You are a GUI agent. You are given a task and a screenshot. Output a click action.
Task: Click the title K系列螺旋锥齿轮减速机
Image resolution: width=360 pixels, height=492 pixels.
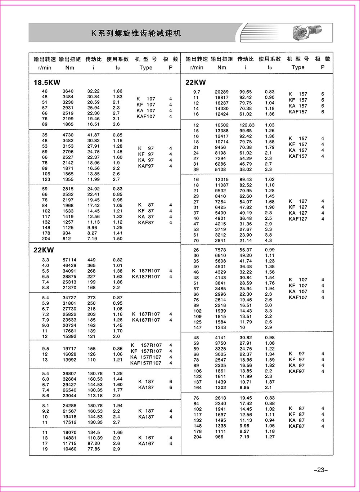pyautogui.click(x=136, y=33)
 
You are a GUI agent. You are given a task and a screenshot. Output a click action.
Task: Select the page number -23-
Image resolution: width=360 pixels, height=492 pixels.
pyautogui.click(x=320, y=470)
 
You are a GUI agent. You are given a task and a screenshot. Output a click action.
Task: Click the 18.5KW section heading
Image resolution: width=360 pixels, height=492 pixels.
pyautogui.click(x=47, y=82)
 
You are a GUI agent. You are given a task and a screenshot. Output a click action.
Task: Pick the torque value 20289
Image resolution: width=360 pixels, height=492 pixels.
pyautogui.click(x=222, y=92)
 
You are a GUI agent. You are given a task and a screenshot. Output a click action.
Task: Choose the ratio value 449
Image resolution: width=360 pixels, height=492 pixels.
pyautogui.click(x=92, y=260)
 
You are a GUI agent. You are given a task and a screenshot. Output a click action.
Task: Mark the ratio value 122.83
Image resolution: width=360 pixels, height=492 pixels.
pyautogui.click(x=247, y=125)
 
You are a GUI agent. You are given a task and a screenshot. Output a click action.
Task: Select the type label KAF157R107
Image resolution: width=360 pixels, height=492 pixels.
pyautogui.click(x=146, y=363)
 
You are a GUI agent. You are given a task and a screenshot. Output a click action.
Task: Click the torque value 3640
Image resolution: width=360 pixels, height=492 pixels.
pyautogui.click(x=68, y=91)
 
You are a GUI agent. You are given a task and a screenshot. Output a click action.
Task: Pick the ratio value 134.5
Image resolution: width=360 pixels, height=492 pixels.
pyautogui.click(x=94, y=433)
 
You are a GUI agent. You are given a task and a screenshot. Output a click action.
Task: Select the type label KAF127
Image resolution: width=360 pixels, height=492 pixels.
pyautogui.click(x=298, y=219)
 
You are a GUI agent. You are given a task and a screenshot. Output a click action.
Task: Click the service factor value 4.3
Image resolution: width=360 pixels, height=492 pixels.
pyautogui.click(x=269, y=241)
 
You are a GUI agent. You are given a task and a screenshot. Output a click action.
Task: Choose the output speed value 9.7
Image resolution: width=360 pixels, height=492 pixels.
pyautogui.click(x=197, y=92)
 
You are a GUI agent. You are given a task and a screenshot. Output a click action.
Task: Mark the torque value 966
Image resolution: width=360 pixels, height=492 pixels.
pyautogui.click(x=219, y=437)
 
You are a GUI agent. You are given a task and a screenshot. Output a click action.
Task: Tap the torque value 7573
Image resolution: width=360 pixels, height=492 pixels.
pyautogui.click(x=220, y=250)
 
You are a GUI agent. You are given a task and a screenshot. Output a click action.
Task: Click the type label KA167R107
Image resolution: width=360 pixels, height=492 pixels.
pyautogui.click(x=146, y=320)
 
